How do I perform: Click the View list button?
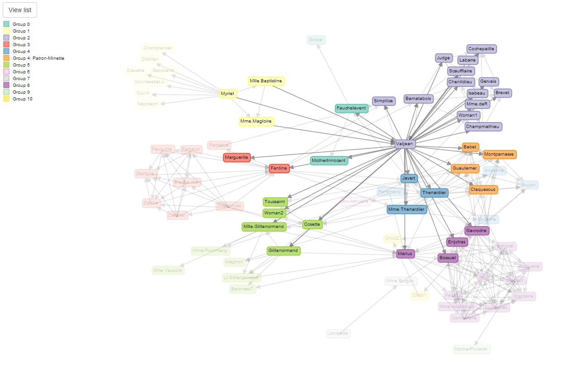tap(20, 10)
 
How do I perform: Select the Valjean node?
tap(405, 143)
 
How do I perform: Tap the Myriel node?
tap(227, 94)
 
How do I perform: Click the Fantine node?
tap(279, 168)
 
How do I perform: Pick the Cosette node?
tap(312, 224)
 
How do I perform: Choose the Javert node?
tap(409, 179)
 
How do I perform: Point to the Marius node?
tap(406, 254)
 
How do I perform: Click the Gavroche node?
tap(477, 231)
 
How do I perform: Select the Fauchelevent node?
tap(352, 109)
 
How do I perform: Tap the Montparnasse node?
tap(499, 154)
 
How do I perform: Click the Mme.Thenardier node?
tap(407, 209)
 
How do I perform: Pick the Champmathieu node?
tap(483, 127)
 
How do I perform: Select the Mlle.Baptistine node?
tap(266, 81)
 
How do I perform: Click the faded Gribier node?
tap(316, 40)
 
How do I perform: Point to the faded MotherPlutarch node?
tap(472, 349)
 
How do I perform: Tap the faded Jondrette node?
tap(339, 334)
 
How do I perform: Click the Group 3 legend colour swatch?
tap(6, 45)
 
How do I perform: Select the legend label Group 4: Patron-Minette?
tap(38, 58)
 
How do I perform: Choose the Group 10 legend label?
tap(23, 99)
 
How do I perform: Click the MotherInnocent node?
tap(329, 161)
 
